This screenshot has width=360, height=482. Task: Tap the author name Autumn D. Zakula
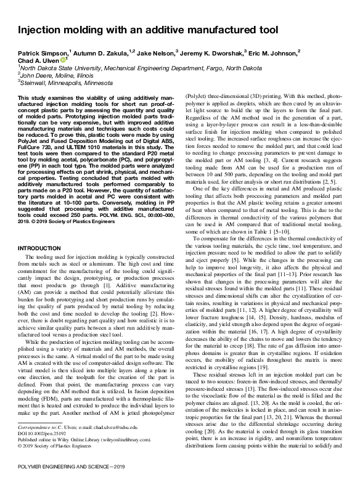click(103, 53)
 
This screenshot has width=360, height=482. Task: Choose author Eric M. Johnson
click(273, 53)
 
